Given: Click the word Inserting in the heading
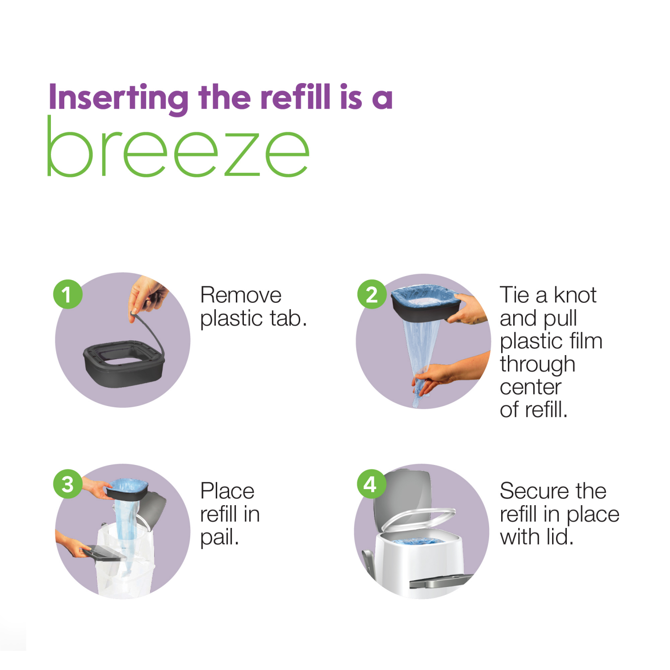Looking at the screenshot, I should coord(118,97).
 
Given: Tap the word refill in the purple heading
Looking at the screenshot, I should coord(295,97).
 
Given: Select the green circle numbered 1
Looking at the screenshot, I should coord(67,294).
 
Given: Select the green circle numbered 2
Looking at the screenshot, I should coord(372,294).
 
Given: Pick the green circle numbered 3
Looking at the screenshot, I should coord(67,484).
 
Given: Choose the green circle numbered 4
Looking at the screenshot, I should coord(371,484).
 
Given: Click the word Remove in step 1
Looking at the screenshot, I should coord(241,295).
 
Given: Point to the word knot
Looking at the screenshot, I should coord(575,295).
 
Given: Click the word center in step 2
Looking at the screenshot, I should coord(530,387).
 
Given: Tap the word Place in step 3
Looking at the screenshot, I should coord(227,491).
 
